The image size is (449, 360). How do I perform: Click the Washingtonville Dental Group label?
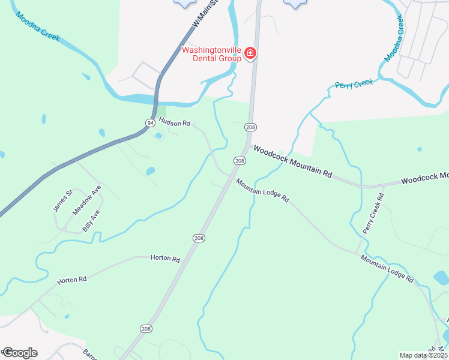pos(211,54)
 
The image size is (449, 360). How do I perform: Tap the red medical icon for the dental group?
pos(250,54)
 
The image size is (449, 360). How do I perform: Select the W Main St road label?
pos(203,14)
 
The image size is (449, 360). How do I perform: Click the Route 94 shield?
pos(148,122)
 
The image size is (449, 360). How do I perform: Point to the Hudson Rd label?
pos(174,123)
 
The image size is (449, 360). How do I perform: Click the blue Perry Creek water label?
pos(354,84)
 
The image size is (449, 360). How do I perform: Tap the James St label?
pos(62,200)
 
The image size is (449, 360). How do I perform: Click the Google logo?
pos(19,353)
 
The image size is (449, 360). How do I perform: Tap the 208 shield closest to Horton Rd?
pos(199,238)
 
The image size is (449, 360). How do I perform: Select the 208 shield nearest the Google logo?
pos(146,329)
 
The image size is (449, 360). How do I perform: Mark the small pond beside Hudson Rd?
pos(159,136)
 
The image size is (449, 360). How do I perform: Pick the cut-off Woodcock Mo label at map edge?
pos(424,178)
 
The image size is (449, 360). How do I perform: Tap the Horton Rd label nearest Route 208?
pos(166,259)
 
